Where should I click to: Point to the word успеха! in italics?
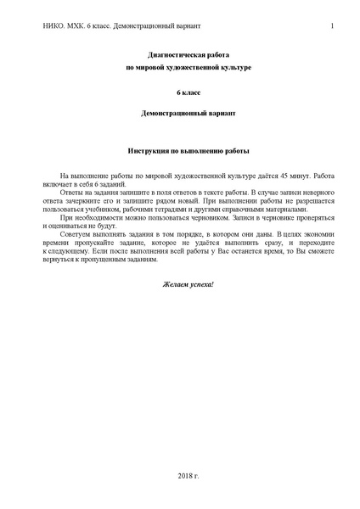point(202,282)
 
